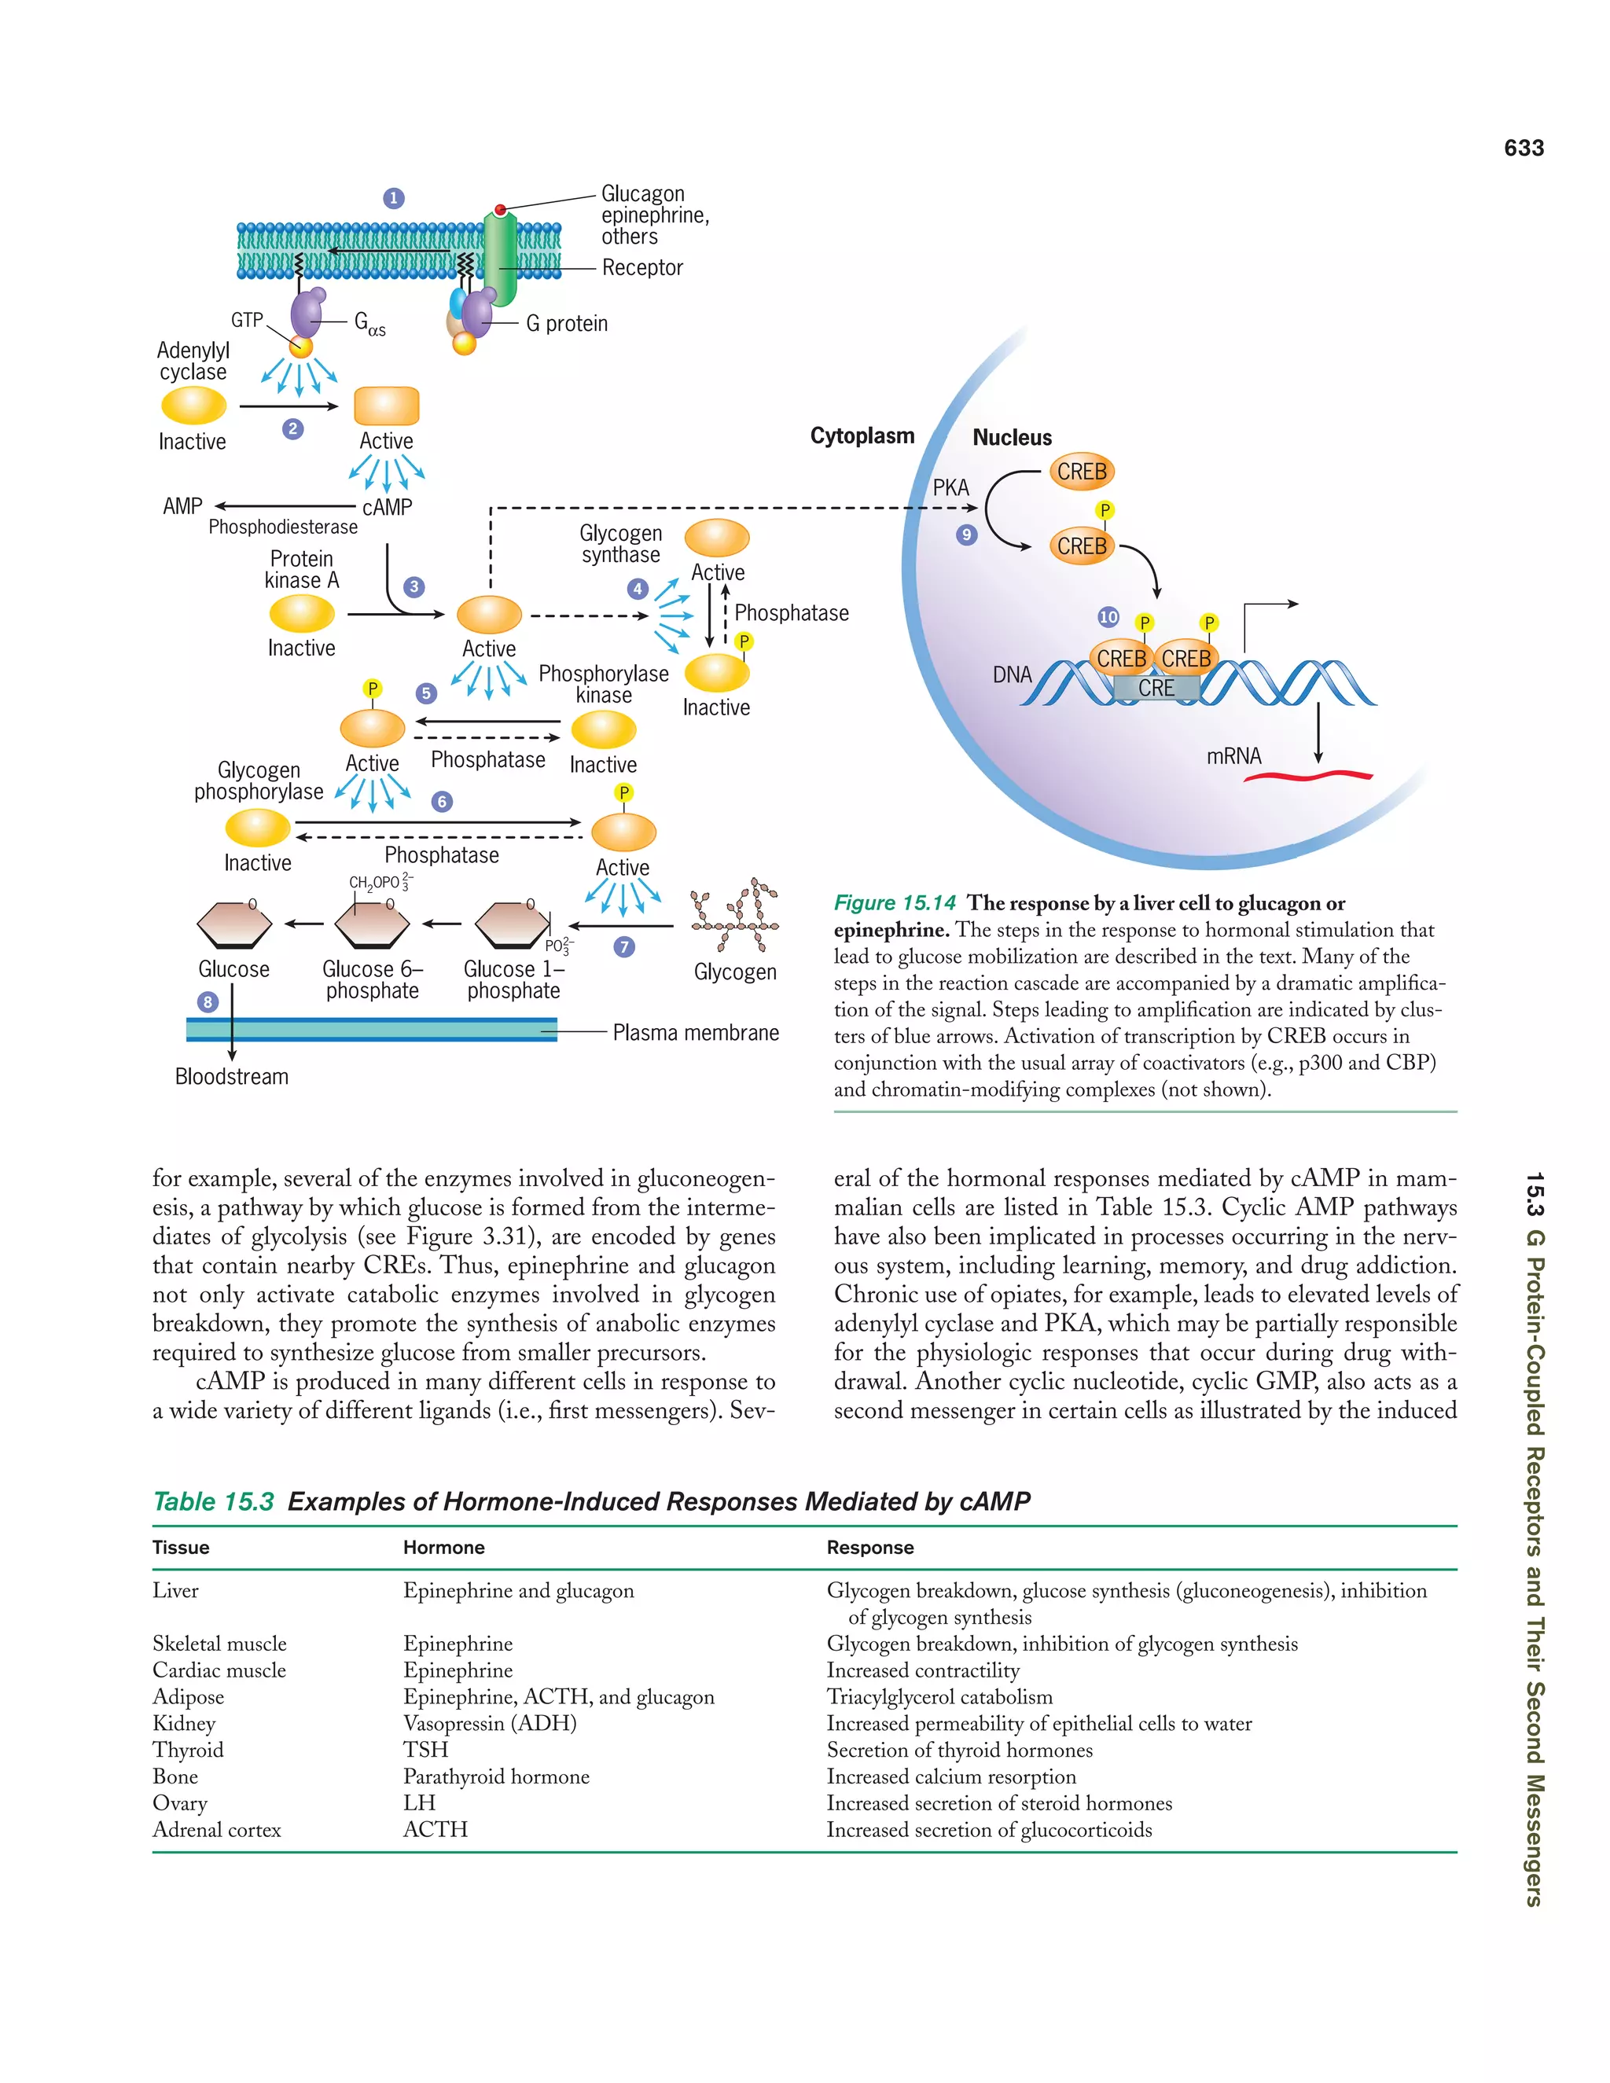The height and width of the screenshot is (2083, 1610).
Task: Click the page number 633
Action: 1524,148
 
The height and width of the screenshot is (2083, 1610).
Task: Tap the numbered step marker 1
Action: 394,198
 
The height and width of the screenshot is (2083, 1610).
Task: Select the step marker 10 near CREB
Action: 1108,617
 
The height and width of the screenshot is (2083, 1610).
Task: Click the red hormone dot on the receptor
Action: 500,210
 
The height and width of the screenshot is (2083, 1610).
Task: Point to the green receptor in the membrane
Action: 501,258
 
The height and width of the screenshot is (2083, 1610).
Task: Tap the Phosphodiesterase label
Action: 283,527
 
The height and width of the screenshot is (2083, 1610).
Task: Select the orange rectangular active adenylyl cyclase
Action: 386,406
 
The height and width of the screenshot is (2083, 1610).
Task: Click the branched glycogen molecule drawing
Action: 735,917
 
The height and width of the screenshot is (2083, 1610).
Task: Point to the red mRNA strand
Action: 1307,777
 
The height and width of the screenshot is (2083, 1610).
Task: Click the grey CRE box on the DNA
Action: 1156,688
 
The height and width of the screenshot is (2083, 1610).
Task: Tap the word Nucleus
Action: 1012,438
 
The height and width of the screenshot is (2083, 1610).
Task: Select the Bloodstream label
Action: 232,1077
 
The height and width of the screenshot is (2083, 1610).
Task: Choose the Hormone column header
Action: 443,1547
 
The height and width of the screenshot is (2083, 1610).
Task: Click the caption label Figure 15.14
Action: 895,903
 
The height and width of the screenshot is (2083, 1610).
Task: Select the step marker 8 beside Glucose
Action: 208,1001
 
